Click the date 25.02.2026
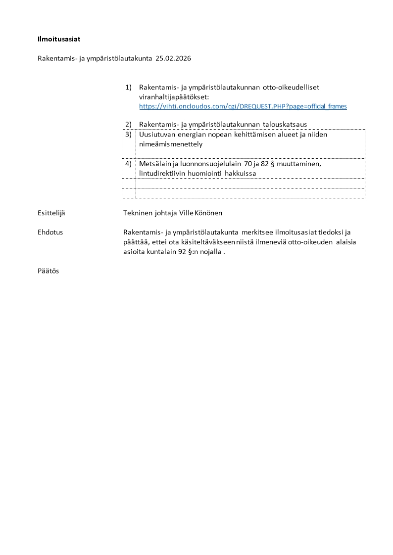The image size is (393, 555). tap(173, 58)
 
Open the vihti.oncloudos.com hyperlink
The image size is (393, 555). tap(243, 106)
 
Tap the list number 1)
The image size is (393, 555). tap(128, 87)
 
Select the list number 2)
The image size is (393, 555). tap(128, 124)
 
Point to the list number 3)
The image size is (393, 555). tap(128, 135)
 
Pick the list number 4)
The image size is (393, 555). tap(128, 164)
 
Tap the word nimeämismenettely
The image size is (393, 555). tap(171, 144)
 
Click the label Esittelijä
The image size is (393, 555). tap(51, 213)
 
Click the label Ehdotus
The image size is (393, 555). tap(50, 232)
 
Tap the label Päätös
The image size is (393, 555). tap(48, 271)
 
